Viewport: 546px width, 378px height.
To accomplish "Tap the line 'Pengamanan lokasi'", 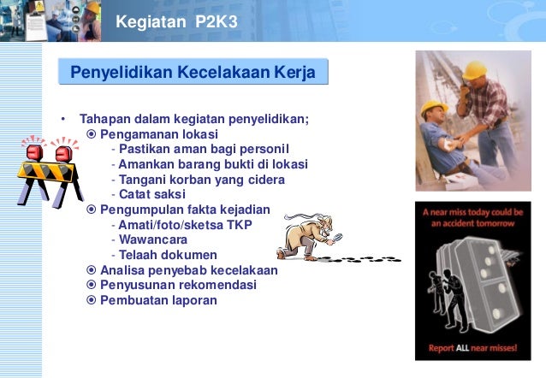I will (158, 134).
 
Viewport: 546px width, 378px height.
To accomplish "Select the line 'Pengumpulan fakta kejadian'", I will (184, 210).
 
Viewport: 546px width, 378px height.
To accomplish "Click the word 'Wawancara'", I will (153, 239).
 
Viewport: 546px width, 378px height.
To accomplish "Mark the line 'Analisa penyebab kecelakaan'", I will (188, 270).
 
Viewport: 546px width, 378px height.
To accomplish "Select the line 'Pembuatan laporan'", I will (158, 300).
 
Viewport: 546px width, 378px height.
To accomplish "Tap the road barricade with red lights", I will (46, 171).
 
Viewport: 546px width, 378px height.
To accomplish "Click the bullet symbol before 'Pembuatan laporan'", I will (92, 300).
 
